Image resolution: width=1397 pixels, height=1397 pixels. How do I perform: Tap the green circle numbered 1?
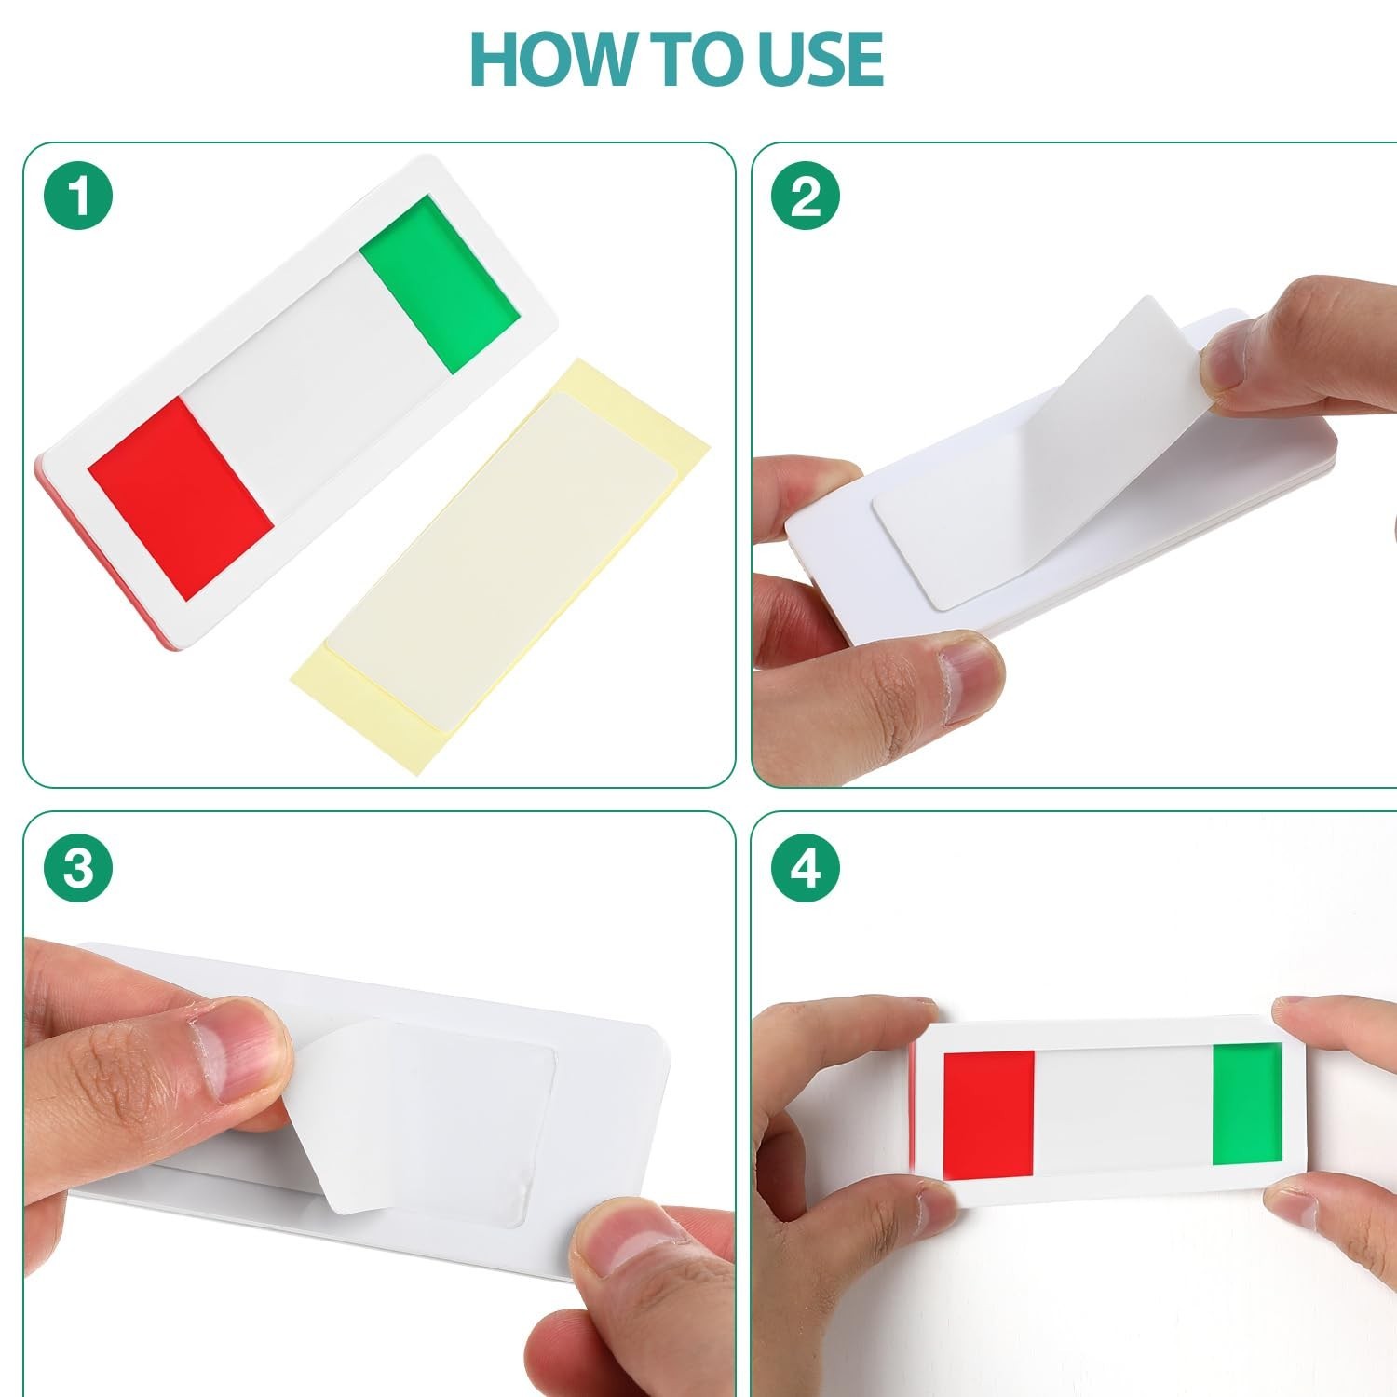point(78,197)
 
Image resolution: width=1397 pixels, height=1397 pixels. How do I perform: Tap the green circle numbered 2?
point(806,197)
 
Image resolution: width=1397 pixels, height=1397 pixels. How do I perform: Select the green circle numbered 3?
point(78,868)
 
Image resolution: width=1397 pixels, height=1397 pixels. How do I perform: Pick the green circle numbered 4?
point(806,868)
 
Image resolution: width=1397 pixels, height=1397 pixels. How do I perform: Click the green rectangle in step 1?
point(439,284)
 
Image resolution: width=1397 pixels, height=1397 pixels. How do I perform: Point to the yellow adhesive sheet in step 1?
point(500,565)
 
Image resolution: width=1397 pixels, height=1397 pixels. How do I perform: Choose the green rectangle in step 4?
point(1247,1104)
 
